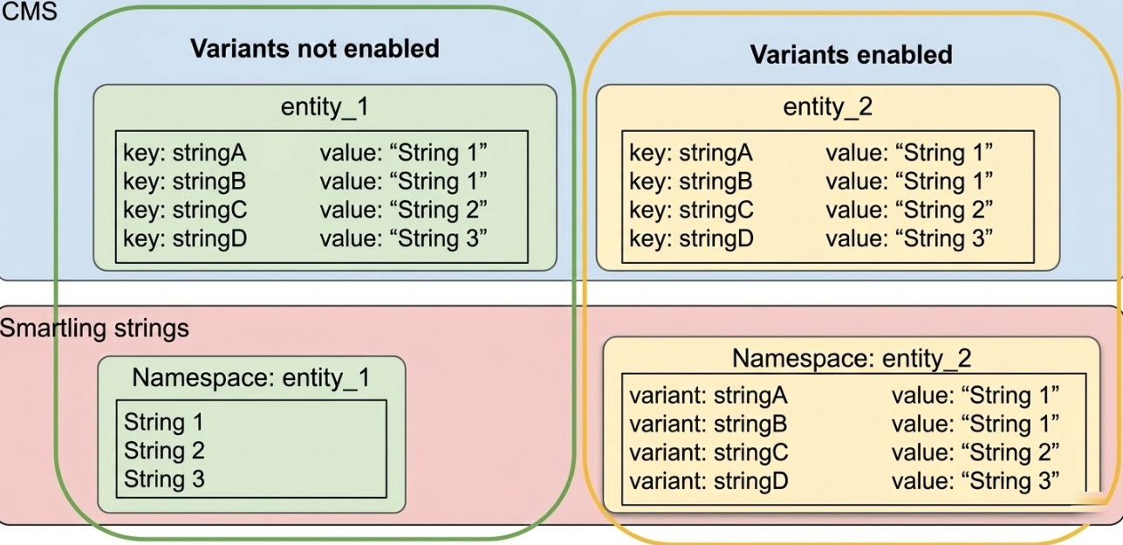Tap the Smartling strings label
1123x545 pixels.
click(x=94, y=329)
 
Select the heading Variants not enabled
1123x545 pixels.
click(x=315, y=48)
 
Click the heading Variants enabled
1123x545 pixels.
click(x=851, y=55)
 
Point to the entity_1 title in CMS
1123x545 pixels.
click(x=325, y=107)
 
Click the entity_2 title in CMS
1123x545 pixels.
click(x=827, y=107)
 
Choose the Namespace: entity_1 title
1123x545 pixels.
click(x=251, y=377)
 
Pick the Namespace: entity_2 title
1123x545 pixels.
click(x=851, y=358)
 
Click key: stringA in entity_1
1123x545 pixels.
click(x=185, y=154)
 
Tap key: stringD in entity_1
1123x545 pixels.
click(x=186, y=238)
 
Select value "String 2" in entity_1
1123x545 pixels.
click(x=403, y=210)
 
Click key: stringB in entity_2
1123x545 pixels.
click(x=690, y=182)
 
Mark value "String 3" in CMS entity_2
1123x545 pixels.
click(x=909, y=238)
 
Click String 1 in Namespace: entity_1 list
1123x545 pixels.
click(x=163, y=423)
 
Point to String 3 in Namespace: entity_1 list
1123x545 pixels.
click(x=163, y=479)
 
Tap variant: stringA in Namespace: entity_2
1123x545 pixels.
click(x=708, y=396)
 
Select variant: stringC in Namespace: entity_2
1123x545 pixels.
click(x=709, y=452)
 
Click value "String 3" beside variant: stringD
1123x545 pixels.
click(x=975, y=479)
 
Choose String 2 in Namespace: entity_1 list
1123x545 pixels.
click(x=163, y=451)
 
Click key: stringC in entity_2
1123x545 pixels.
click(x=691, y=210)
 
